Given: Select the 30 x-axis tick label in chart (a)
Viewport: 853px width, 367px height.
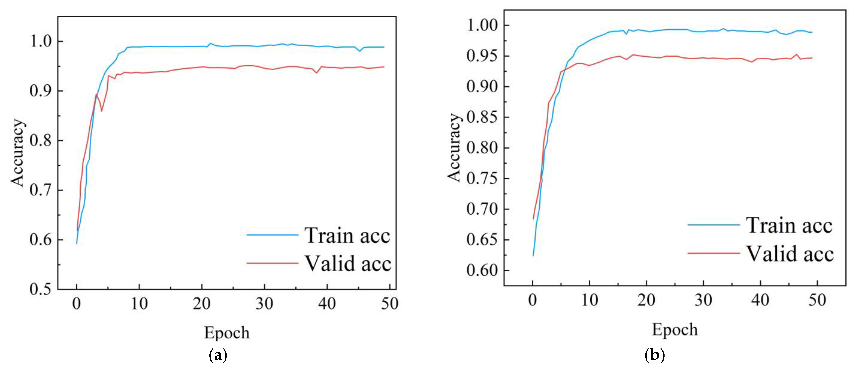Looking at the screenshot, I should pos(264,303).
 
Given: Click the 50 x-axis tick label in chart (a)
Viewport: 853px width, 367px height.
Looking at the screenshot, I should pos(389,303).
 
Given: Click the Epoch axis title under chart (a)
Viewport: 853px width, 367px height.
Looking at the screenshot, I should pos(227,332).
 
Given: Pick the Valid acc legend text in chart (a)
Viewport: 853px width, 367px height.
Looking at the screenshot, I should pos(348,264).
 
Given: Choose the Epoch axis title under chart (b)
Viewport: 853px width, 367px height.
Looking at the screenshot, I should pos(675,329).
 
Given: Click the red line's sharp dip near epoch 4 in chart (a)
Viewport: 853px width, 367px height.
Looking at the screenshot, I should pos(101,111).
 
